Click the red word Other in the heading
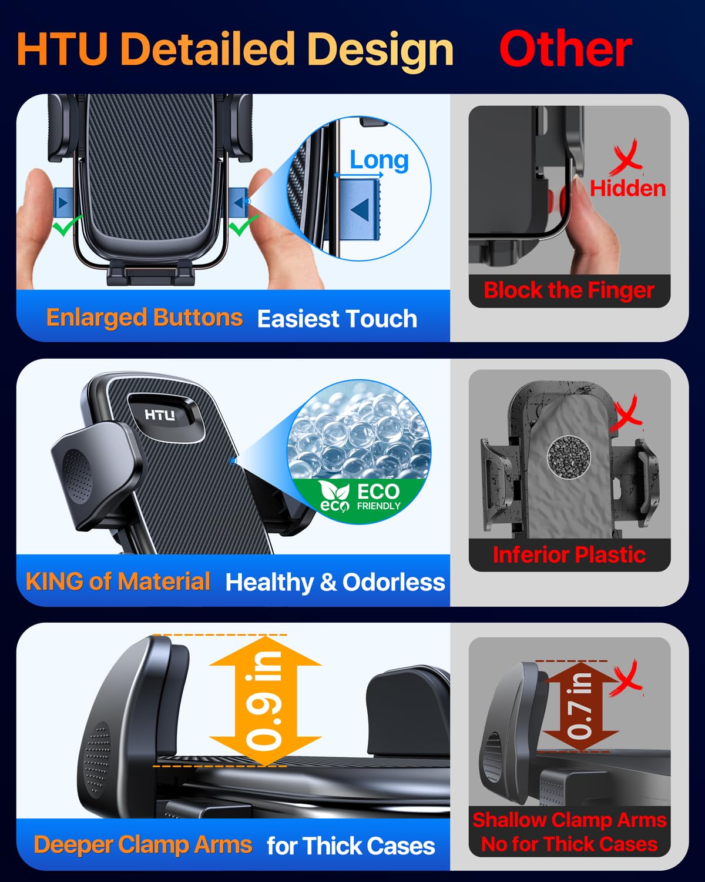click(566, 49)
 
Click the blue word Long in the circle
click(379, 160)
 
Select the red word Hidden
click(627, 188)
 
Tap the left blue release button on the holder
click(63, 202)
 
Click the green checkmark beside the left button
click(67, 225)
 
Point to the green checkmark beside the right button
click(243, 225)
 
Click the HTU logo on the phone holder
click(160, 415)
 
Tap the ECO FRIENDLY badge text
click(360, 497)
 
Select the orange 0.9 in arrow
click(265, 701)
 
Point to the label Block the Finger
click(569, 290)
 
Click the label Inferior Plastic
click(569, 554)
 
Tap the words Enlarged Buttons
click(145, 318)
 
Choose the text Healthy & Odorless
click(335, 582)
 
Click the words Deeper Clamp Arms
click(143, 844)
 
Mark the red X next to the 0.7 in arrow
click(626, 678)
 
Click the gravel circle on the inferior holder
click(569, 456)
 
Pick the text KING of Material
click(118, 581)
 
